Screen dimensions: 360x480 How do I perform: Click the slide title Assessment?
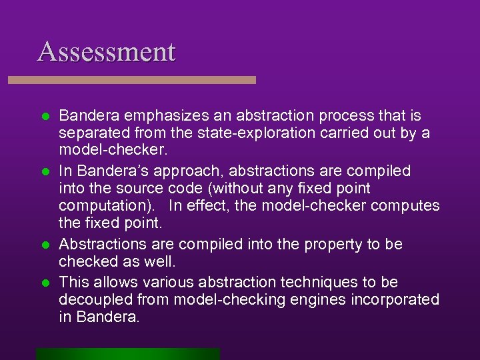click(x=107, y=51)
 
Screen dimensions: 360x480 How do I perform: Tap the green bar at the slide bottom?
click(x=128, y=353)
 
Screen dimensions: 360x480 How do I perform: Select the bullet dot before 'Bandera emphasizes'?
click(x=45, y=116)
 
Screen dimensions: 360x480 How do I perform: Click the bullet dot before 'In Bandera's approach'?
click(x=45, y=171)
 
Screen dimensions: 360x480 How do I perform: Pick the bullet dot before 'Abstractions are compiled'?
click(x=45, y=245)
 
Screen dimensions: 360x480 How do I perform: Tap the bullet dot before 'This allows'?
click(x=45, y=282)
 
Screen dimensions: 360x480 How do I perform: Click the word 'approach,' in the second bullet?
click(x=185, y=171)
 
